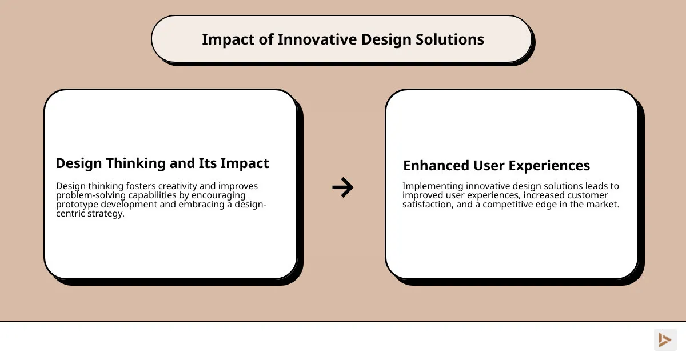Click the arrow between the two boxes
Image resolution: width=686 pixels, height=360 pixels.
(343, 187)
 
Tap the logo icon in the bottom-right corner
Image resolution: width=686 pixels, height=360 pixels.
(665, 340)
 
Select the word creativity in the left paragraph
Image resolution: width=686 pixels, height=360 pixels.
(184, 186)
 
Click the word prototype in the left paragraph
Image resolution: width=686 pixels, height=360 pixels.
(77, 205)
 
